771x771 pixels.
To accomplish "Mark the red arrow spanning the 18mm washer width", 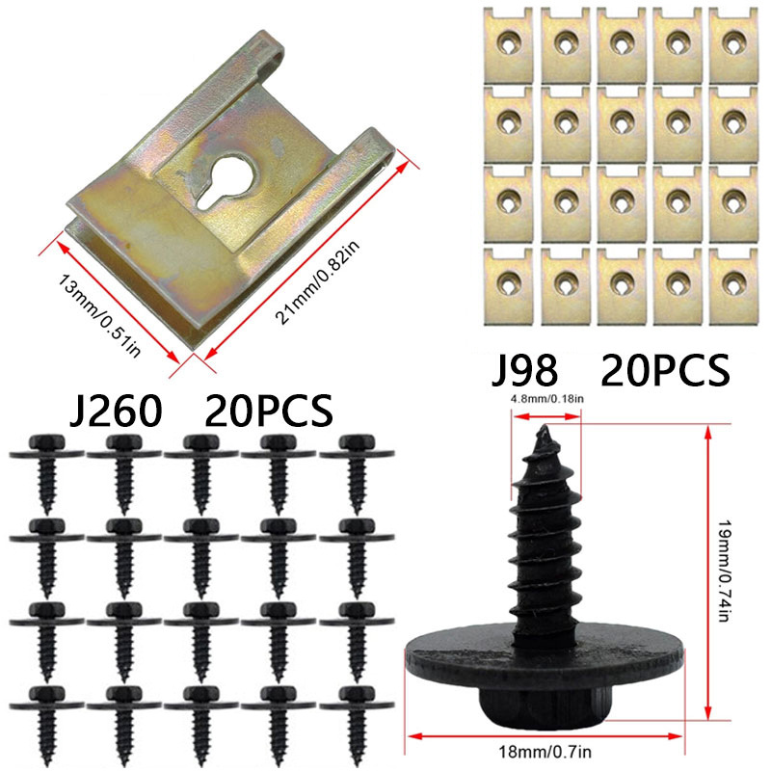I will coord(545,735).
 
